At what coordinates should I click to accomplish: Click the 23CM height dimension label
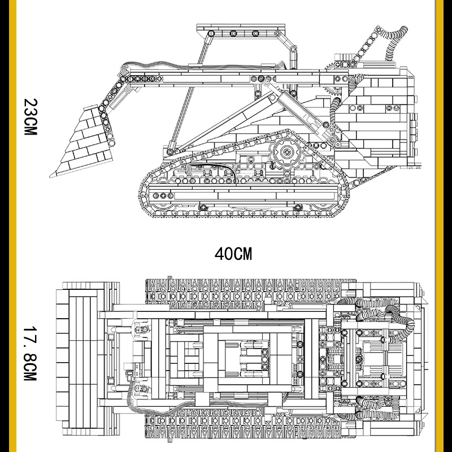click(31, 117)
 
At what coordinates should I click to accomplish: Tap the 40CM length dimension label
click(233, 254)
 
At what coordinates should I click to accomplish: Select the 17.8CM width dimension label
click(31, 354)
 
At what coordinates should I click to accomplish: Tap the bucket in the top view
click(84, 358)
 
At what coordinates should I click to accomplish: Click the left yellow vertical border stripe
click(12, 226)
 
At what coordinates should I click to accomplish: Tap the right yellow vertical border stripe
click(440, 226)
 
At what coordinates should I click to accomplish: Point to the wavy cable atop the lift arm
click(202, 66)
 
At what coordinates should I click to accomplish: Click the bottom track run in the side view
click(245, 214)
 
